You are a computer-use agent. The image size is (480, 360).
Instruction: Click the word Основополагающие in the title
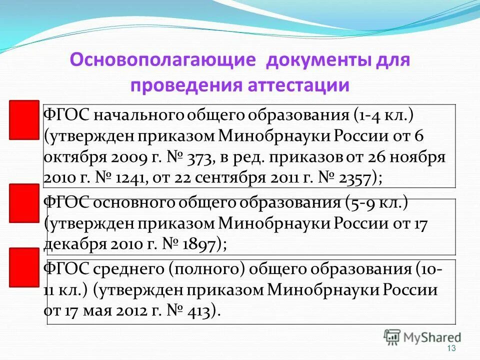pos(163,60)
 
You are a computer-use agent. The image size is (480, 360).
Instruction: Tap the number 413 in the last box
pos(202,310)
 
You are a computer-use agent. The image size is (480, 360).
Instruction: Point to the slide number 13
pos(452,348)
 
